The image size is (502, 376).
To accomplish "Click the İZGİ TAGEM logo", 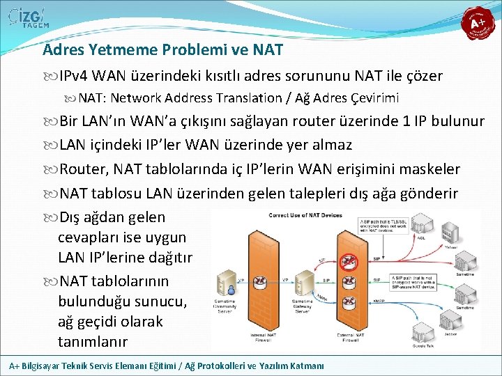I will pyautogui.click(x=28, y=19).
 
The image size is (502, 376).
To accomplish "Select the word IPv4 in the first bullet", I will pyautogui.click(x=73, y=76).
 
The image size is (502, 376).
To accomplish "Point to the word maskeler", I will pyautogui.click(x=429, y=169).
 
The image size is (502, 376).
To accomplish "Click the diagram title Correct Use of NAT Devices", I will pyautogui.click(x=305, y=215).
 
